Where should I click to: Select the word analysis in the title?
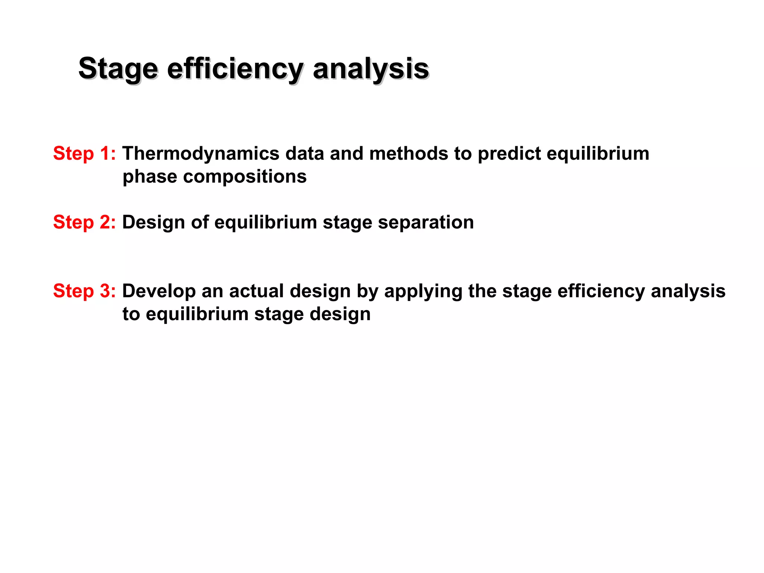click(x=371, y=69)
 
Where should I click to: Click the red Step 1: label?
click(x=84, y=154)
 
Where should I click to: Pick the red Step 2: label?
click(x=84, y=222)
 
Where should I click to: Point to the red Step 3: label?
click(x=84, y=291)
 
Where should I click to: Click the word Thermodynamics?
click(x=201, y=154)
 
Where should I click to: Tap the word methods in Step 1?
click(x=408, y=154)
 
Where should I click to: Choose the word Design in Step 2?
click(x=153, y=222)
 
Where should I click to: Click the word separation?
click(x=426, y=222)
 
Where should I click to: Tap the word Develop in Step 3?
click(x=159, y=291)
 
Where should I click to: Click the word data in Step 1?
click(x=304, y=154)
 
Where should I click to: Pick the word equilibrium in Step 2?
click(x=266, y=222)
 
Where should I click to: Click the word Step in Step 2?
click(x=73, y=222)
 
